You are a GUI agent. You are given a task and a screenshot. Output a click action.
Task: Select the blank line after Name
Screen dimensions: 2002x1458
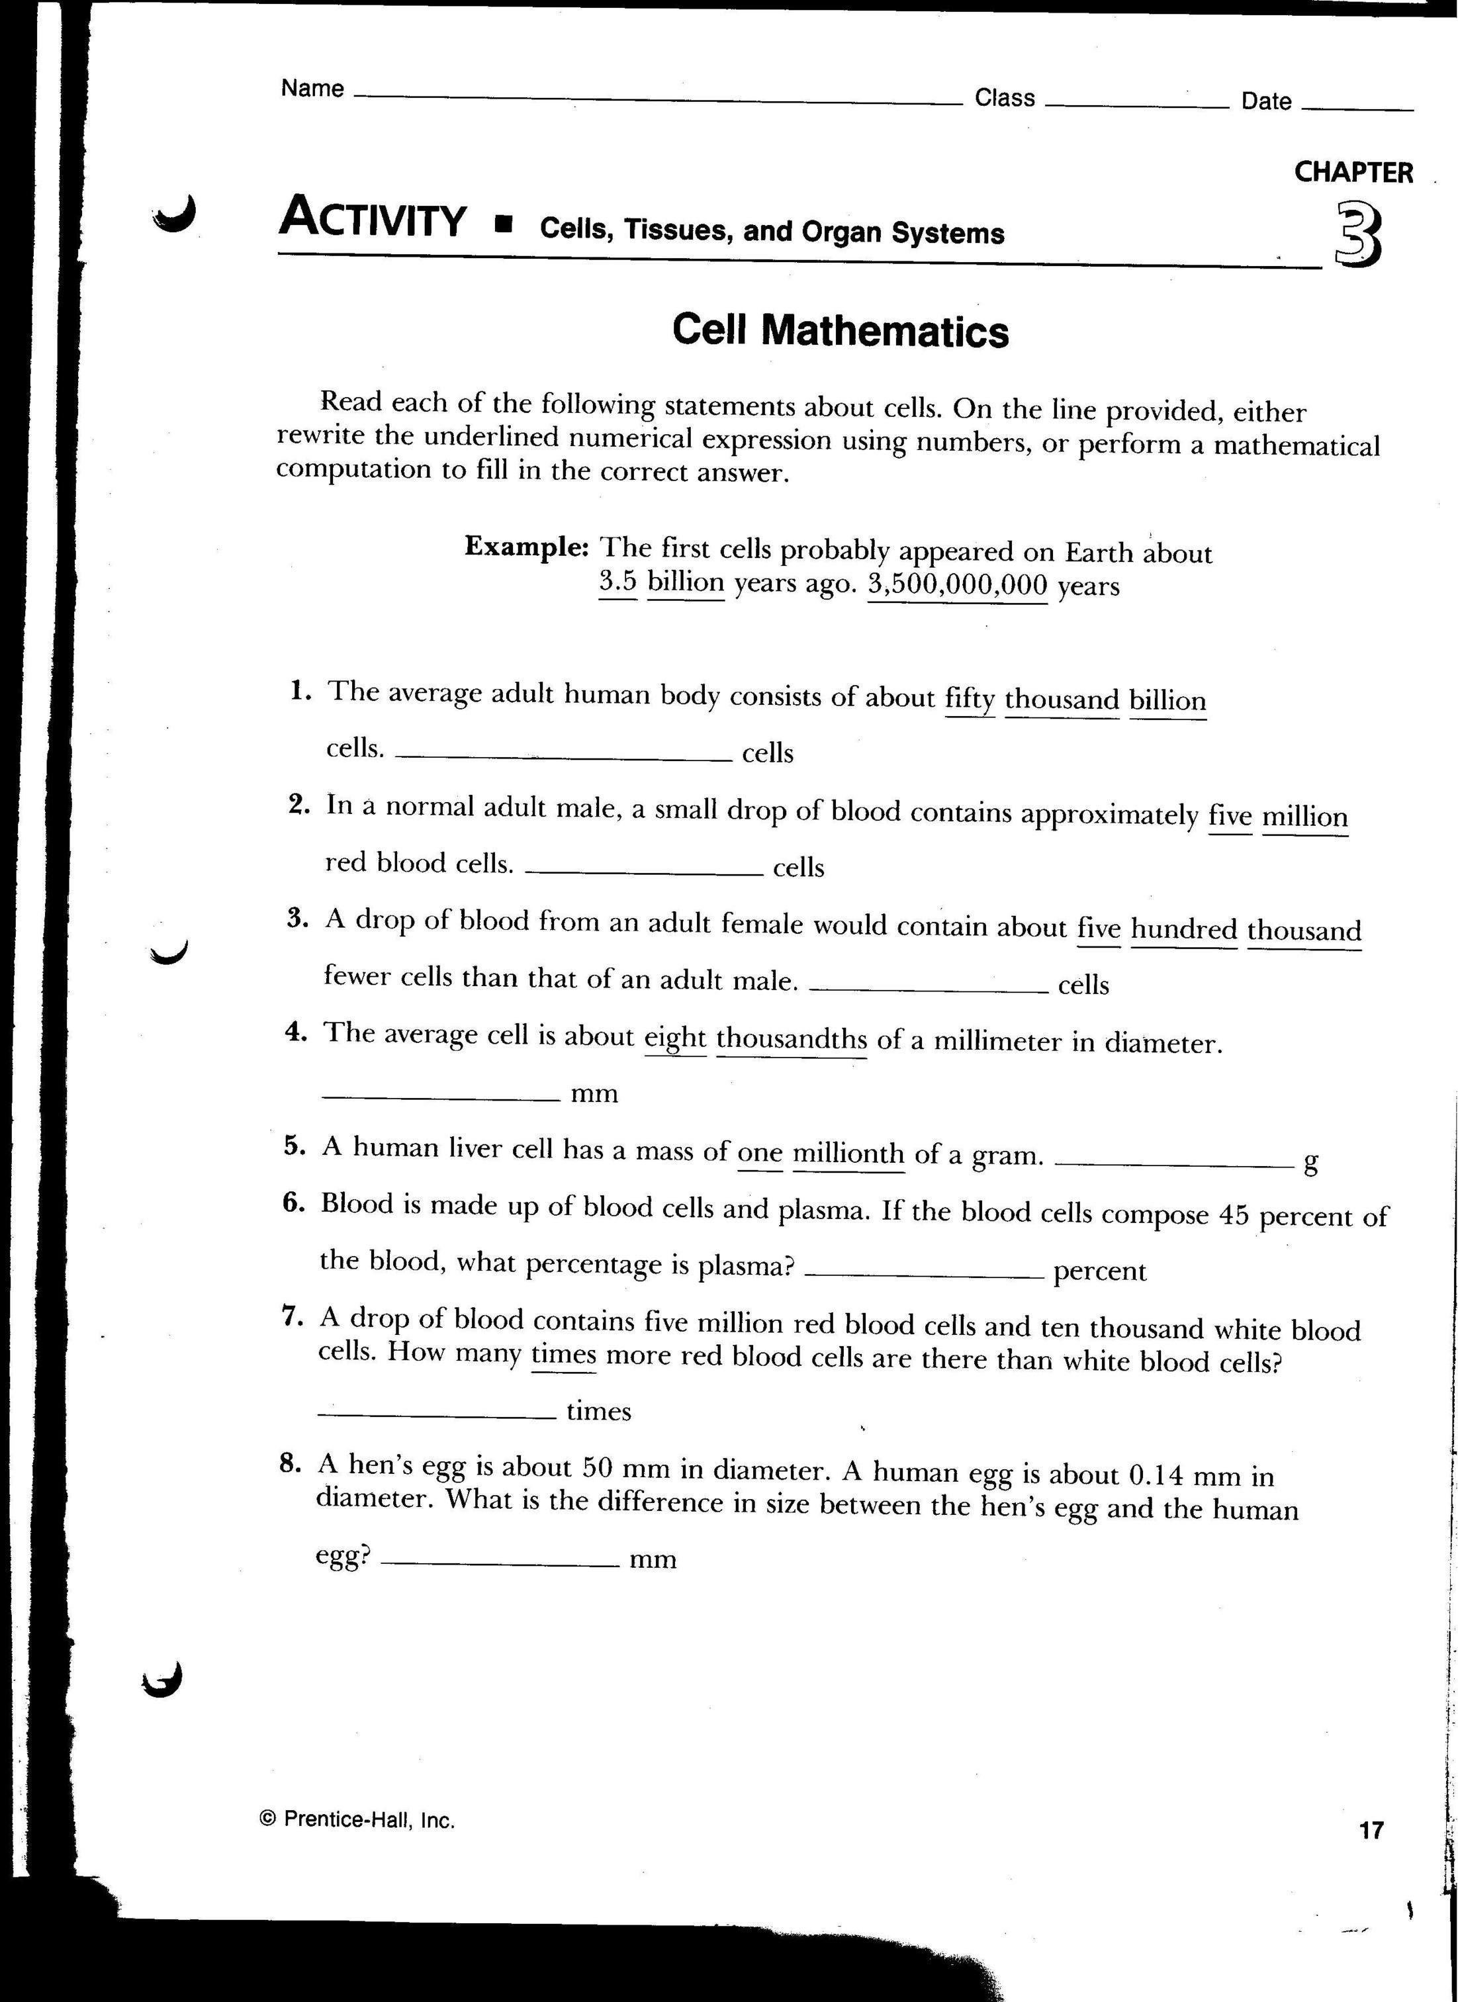coord(657,101)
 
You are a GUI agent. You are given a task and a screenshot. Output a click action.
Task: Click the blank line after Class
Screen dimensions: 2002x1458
coord(1137,104)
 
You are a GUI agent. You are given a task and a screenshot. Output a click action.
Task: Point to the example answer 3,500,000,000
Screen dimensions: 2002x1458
coord(958,584)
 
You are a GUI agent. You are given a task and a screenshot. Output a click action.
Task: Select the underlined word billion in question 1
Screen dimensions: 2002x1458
coord(1167,700)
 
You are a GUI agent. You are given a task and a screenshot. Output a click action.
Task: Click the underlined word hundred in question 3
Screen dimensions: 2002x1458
coord(1183,929)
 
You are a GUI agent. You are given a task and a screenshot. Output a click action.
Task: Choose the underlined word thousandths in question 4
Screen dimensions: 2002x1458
coord(791,1038)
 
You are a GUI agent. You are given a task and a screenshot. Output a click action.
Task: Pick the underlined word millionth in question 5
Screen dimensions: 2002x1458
coord(848,1153)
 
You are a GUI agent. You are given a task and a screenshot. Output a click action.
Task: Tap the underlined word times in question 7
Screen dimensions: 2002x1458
coord(563,1354)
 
